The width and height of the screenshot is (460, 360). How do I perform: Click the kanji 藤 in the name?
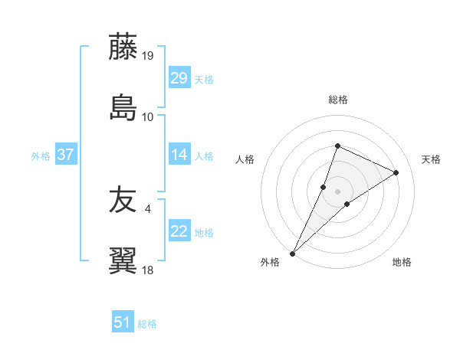[x=124, y=47]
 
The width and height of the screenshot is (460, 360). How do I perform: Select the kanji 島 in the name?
[x=124, y=107]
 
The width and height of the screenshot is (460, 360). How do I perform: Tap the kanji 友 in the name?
[x=124, y=201]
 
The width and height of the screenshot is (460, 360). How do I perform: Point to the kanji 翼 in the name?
[x=124, y=260]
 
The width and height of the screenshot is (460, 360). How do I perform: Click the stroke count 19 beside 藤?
[x=148, y=56]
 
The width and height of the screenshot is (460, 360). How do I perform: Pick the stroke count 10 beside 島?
[x=148, y=116]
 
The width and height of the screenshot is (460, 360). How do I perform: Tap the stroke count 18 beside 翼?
[x=148, y=270]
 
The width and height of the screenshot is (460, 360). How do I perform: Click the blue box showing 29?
[x=179, y=78]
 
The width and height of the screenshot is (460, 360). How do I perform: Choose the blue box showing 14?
[x=179, y=155]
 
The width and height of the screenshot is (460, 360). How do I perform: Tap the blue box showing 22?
[x=179, y=231]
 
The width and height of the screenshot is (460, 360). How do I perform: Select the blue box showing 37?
[x=66, y=155]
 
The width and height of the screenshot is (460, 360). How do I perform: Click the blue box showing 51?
[x=123, y=322]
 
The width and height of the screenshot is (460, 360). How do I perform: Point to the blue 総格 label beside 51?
[x=147, y=324]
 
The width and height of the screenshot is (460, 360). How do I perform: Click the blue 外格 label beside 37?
[x=41, y=155]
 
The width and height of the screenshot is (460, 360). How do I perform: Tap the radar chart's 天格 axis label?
[x=431, y=159]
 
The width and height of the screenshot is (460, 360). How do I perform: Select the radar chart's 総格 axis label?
[x=338, y=100]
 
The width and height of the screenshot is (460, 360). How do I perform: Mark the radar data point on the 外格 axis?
[x=293, y=254]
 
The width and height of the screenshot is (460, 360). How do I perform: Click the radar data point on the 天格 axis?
[x=396, y=172]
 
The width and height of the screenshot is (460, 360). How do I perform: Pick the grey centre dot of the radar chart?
[x=338, y=191]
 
